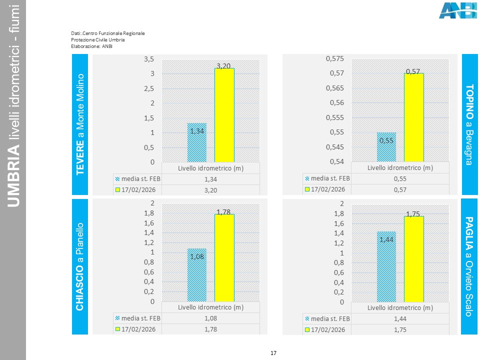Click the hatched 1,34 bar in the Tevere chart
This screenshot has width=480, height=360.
click(x=196, y=142)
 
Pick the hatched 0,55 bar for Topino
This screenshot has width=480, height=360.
click(x=386, y=147)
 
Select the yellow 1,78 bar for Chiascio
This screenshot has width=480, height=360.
click(x=224, y=257)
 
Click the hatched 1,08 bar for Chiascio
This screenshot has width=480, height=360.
click(x=196, y=275)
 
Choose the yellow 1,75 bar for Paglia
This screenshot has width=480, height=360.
click(x=413, y=258)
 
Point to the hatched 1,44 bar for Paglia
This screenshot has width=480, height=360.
click(x=386, y=266)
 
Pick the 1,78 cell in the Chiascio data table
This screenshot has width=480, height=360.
click(x=210, y=329)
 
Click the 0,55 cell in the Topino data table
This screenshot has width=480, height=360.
click(x=400, y=178)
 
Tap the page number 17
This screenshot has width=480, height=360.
click(x=273, y=353)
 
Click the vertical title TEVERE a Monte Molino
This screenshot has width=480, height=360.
click(x=80, y=124)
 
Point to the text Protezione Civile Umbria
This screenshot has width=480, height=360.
click(x=98, y=39)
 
